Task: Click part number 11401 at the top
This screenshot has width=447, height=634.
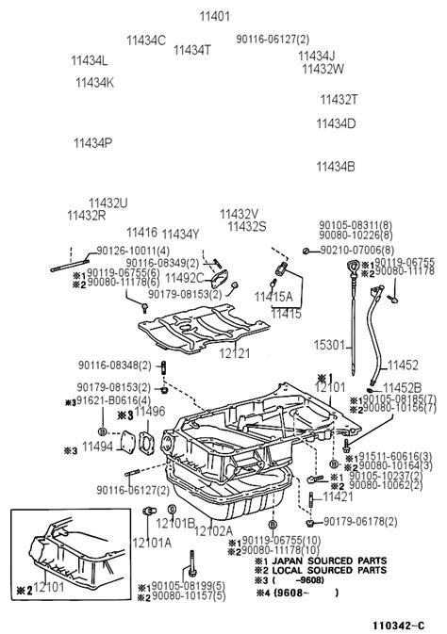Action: [214, 16]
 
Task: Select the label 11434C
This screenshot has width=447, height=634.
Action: [146, 41]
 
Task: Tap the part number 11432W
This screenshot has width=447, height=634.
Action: [323, 69]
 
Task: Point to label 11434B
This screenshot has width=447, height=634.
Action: [335, 167]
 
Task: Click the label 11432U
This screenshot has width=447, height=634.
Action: [108, 203]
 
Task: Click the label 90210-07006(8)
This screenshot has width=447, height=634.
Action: [362, 250]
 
